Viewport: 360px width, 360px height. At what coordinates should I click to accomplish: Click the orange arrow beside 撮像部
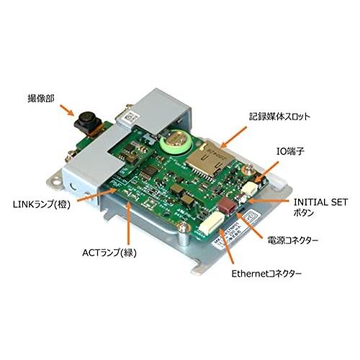(x=66, y=110)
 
